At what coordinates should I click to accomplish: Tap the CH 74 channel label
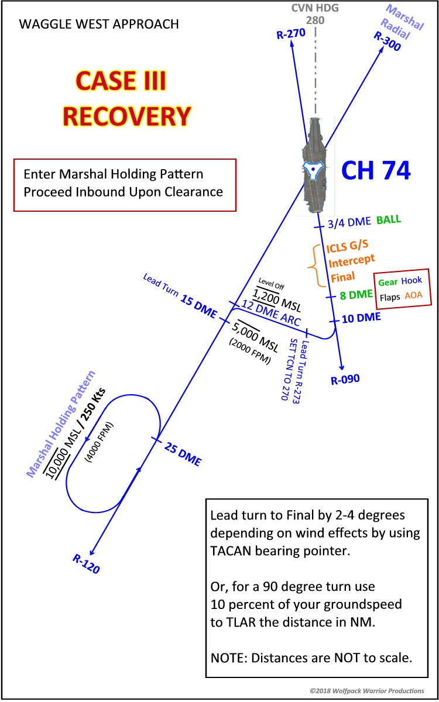tap(376, 171)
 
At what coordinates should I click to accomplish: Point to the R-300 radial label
tap(387, 42)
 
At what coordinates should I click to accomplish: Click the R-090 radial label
tap(345, 380)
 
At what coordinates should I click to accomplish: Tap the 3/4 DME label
tap(348, 222)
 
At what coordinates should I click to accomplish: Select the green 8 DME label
tap(356, 295)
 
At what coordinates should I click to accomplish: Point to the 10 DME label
tap(361, 318)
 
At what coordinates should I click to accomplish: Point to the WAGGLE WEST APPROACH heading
tap(99, 25)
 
